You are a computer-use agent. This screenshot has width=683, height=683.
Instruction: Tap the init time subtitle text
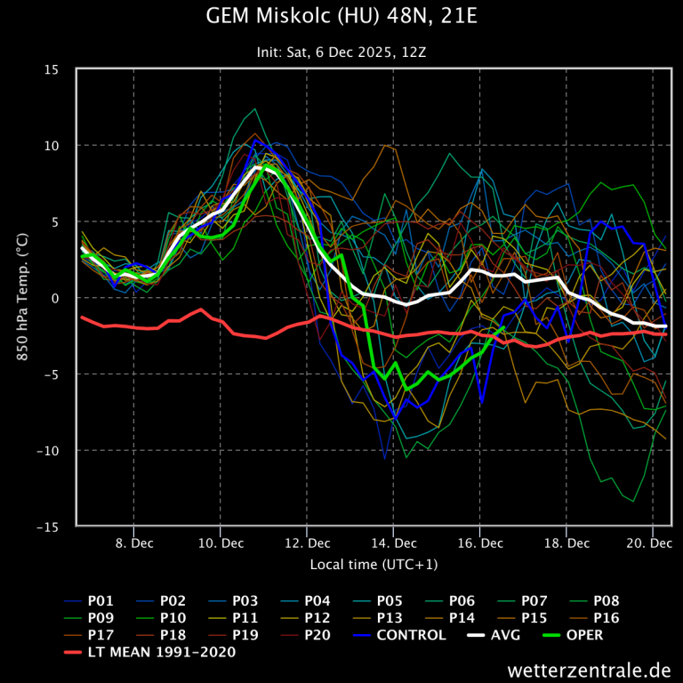(341, 52)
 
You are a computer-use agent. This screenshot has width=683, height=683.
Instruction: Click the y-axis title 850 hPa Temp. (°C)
(22, 298)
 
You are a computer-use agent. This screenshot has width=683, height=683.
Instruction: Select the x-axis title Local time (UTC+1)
(374, 565)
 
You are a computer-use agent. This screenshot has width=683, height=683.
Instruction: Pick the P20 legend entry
(318, 635)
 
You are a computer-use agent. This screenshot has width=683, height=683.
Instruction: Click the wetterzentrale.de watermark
(589, 669)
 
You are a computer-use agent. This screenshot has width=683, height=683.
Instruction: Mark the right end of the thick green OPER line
(503, 327)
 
